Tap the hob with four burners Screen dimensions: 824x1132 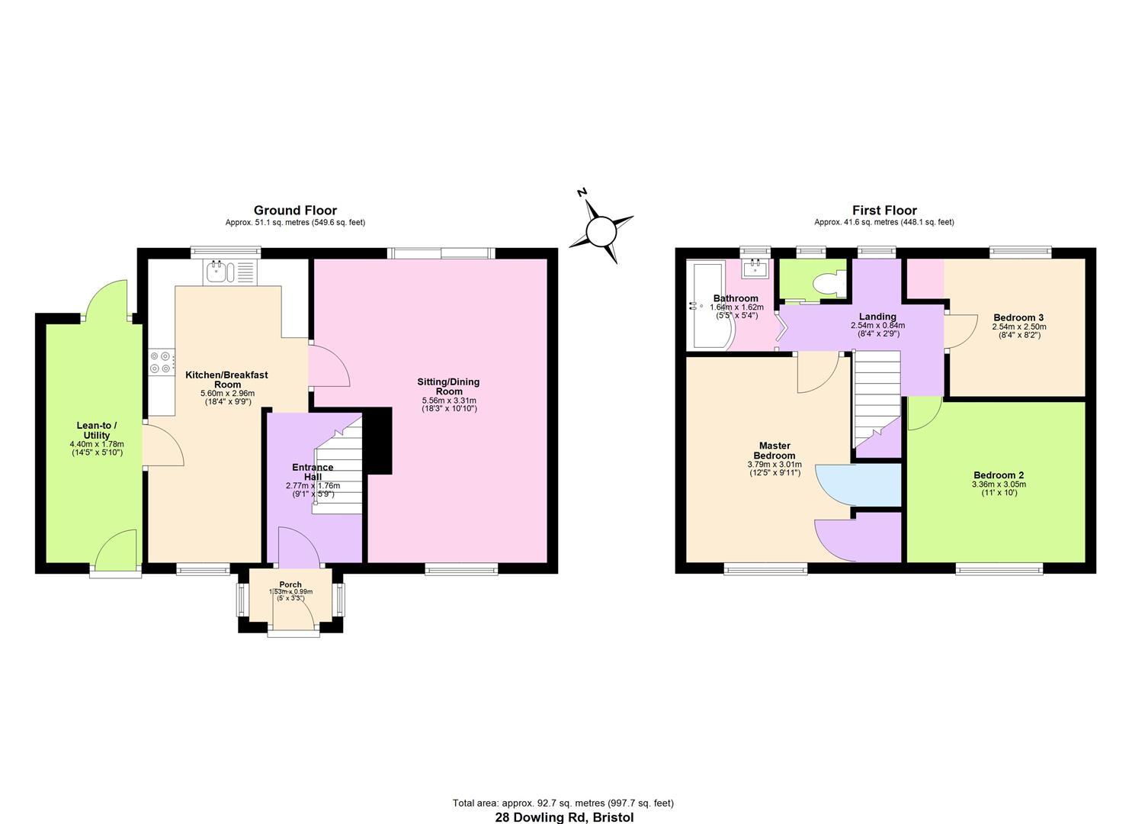click(161, 362)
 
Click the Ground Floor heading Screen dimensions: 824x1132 click(295, 211)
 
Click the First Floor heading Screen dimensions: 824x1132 click(884, 211)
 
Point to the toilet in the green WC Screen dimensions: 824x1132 click(826, 285)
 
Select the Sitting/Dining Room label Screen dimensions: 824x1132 click(449, 386)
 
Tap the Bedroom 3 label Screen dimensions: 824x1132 click(1018, 317)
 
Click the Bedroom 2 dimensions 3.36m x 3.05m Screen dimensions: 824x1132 click(998, 484)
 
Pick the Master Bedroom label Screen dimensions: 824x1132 click(774, 450)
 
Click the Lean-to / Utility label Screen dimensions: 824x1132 click(97, 430)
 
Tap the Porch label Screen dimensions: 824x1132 click(290, 584)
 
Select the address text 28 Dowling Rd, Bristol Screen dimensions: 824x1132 click(564, 817)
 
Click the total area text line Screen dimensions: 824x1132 click(563, 803)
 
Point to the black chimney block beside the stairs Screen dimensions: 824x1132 click(378, 440)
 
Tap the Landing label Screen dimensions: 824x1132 click(877, 317)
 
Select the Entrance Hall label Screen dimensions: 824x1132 click(313, 472)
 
